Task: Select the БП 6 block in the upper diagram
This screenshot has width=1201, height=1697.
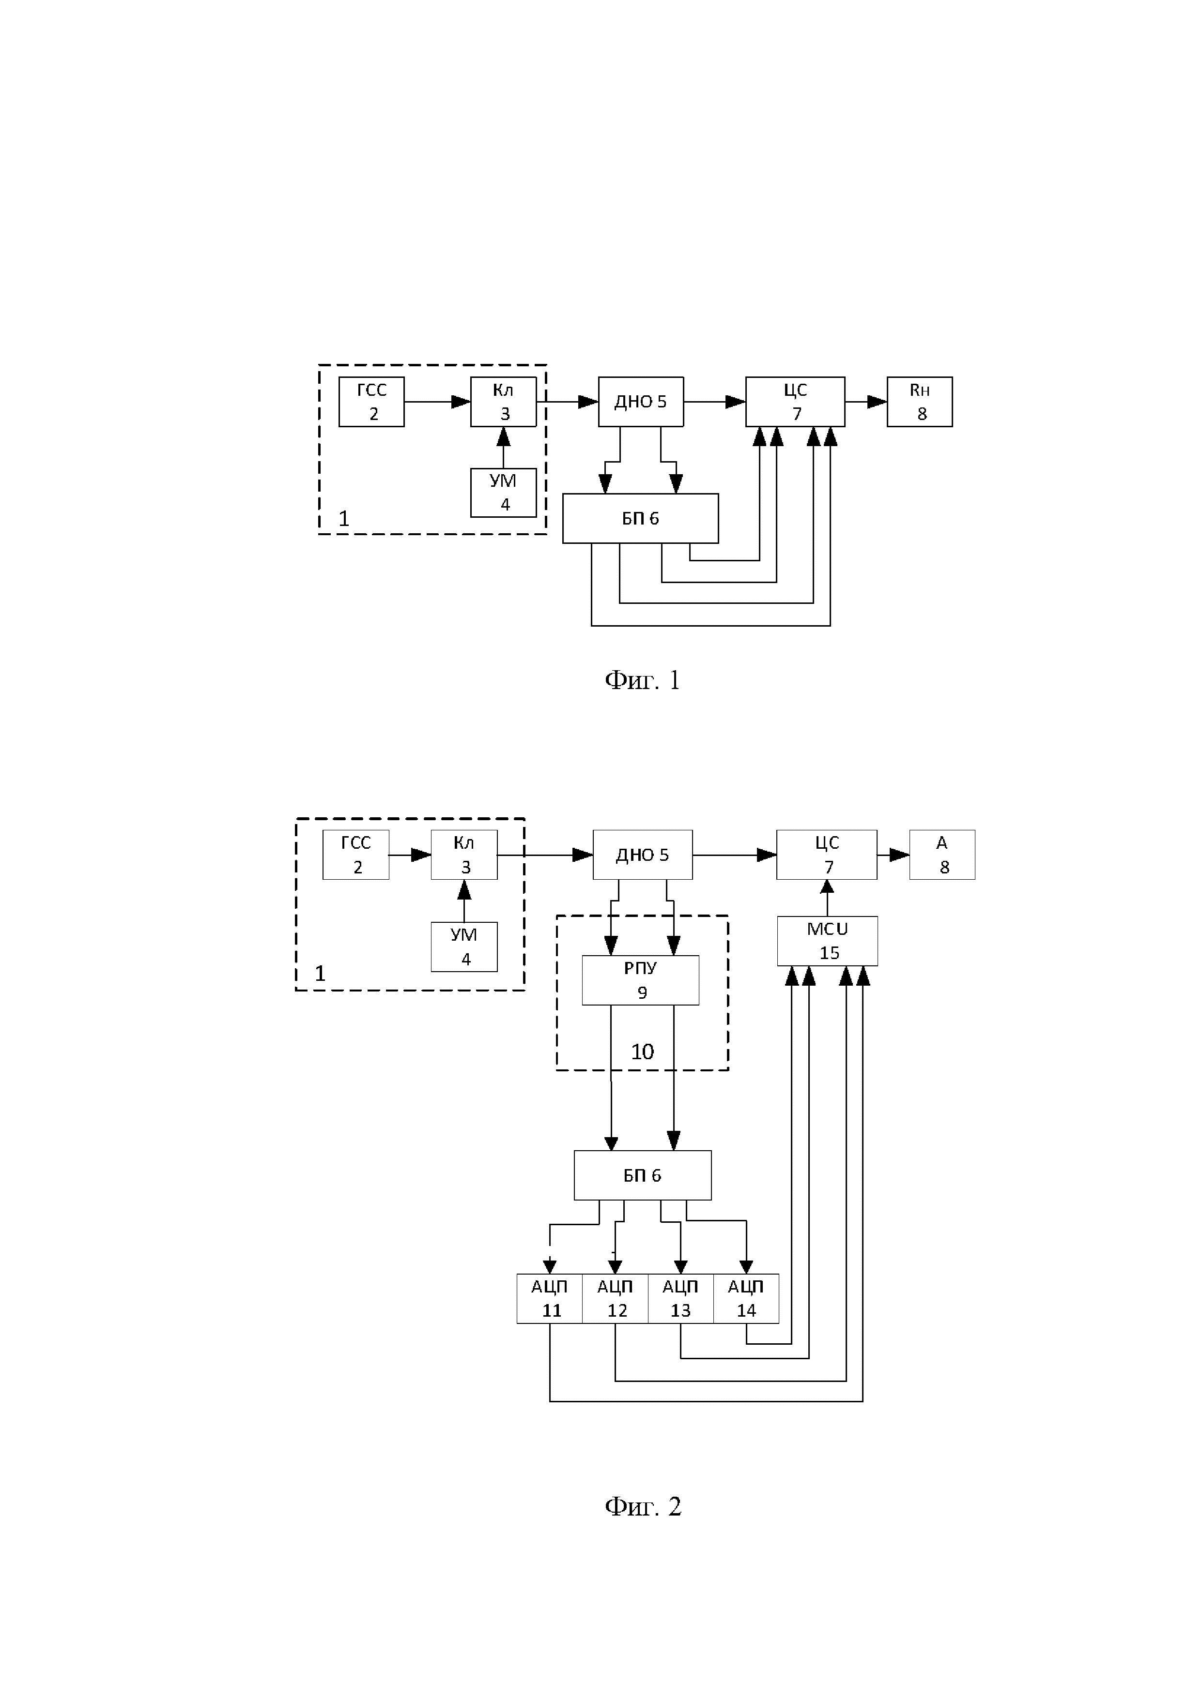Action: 640,518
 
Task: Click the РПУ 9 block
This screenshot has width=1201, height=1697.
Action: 640,980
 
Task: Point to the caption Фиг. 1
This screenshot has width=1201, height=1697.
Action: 642,680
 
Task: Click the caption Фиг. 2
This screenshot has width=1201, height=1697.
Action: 643,1505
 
